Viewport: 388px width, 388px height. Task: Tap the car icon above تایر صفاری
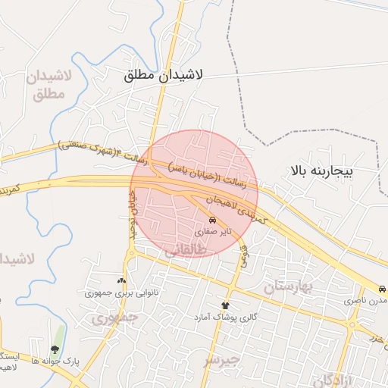211,221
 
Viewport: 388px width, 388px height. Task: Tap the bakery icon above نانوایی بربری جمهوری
122,280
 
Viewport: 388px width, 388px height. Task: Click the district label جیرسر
221,358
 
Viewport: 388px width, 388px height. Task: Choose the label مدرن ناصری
367,302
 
